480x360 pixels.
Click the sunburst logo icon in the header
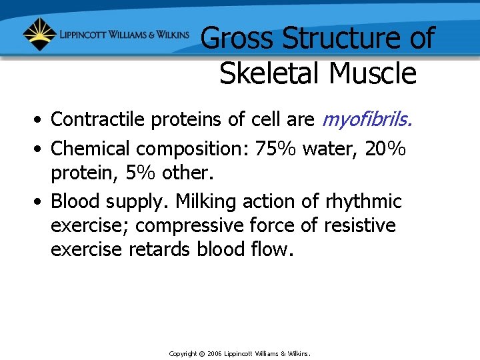(39, 34)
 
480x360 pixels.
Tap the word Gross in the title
(237, 39)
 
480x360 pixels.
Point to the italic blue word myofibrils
(367, 119)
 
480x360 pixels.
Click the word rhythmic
(363, 201)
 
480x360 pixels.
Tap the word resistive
(360, 226)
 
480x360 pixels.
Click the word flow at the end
(273, 250)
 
